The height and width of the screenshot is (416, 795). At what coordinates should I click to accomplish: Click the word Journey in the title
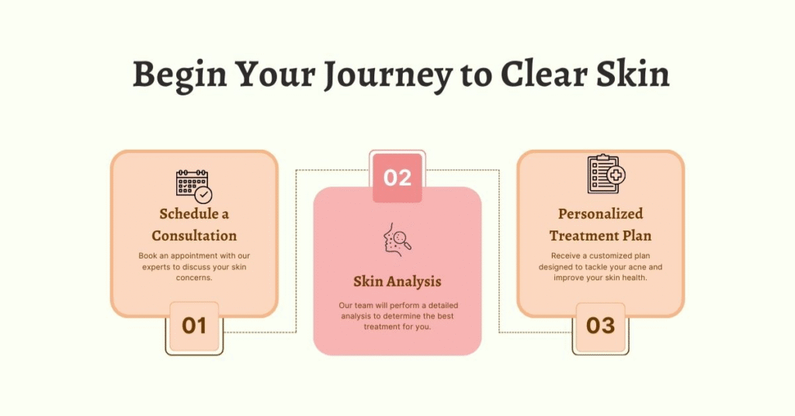point(388,75)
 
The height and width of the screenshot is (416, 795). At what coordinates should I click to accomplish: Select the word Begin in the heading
point(180,75)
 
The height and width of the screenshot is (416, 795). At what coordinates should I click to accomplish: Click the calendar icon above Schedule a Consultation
point(194,186)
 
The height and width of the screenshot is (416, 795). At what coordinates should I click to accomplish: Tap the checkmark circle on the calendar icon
point(204,195)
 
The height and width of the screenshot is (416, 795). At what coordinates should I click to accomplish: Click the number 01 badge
point(194,326)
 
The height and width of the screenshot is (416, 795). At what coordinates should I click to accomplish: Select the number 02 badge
point(397,178)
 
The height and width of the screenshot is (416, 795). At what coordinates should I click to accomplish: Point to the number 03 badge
point(600,326)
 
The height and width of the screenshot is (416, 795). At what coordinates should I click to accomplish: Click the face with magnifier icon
point(397,239)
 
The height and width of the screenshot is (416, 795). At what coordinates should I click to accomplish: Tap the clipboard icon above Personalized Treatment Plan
point(606,174)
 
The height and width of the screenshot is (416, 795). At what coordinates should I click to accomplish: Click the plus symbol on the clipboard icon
point(616,175)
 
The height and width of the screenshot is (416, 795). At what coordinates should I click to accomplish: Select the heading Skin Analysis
point(397,281)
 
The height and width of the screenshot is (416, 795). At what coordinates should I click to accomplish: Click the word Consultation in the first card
point(194,236)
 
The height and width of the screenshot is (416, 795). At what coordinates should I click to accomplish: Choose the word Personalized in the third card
point(600,214)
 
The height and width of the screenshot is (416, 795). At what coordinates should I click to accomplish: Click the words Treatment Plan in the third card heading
point(600,236)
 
